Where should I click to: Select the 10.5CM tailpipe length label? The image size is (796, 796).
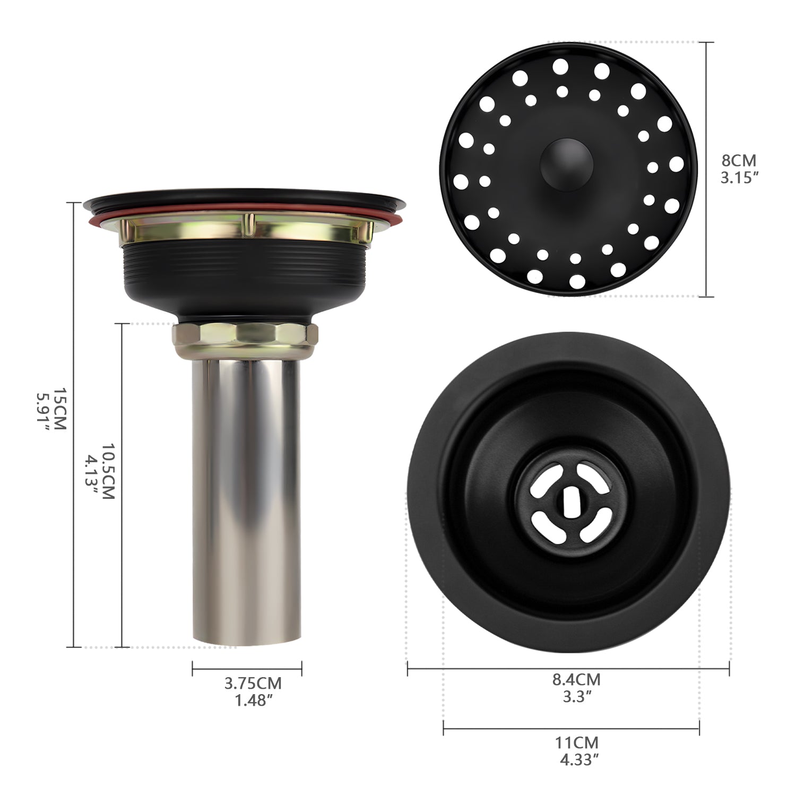pos(108,471)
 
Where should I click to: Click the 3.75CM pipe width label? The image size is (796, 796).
pos(253,682)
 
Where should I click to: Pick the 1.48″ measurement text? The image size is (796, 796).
pos(253,700)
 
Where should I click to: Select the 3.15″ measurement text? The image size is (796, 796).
pos(738,178)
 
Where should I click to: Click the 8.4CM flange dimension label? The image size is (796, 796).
pos(576,679)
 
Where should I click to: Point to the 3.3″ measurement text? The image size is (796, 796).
pos(577,696)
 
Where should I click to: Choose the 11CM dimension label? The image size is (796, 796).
pos(577,742)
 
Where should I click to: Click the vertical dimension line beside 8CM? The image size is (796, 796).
pos(706,170)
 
